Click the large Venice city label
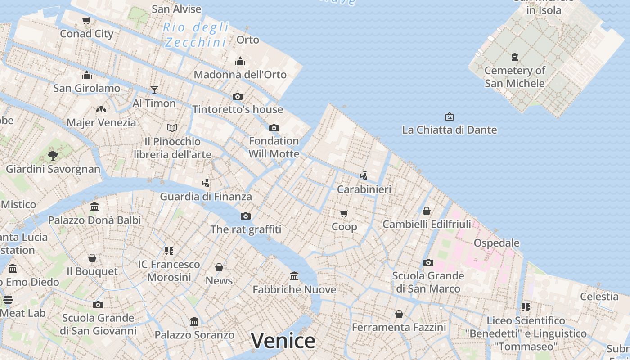tap(283, 341)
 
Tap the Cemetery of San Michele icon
tap(515, 57)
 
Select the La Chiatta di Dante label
tap(449, 130)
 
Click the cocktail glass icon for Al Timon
tap(154, 90)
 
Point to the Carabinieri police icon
tap(364, 176)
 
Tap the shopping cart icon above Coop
tap(344, 213)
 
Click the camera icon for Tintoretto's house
tap(238, 96)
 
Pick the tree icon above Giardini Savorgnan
tap(53, 156)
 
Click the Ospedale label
tap(496, 243)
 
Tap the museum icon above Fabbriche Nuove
tap(294, 276)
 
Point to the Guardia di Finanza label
tap(206, 197)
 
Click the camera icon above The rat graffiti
tap(246, 216)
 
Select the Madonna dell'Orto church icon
tap(240, 61)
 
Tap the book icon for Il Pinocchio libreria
tap(172, 128)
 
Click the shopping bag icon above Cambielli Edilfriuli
tap(427, 211)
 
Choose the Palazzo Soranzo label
tap(194, 335)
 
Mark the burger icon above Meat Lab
tap(8, 299)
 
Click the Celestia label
tap(599, 297)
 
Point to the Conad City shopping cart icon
tap(86, 20)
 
